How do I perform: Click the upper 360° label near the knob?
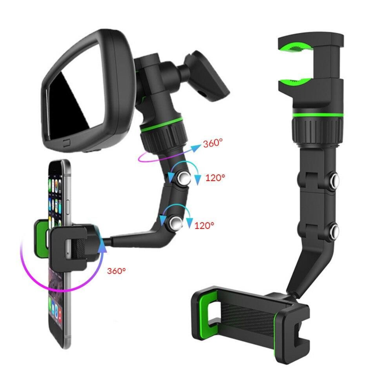(213, 143)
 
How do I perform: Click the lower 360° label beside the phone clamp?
(116, 271)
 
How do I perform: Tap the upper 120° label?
(215, 178)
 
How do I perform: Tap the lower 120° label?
(204, 225)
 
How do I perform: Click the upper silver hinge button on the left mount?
(184, 178)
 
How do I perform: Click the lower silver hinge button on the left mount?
(176, 223)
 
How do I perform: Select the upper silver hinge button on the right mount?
(334, 180)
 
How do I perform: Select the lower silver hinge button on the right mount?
(334, 230)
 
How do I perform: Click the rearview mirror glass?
(76, 95)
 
